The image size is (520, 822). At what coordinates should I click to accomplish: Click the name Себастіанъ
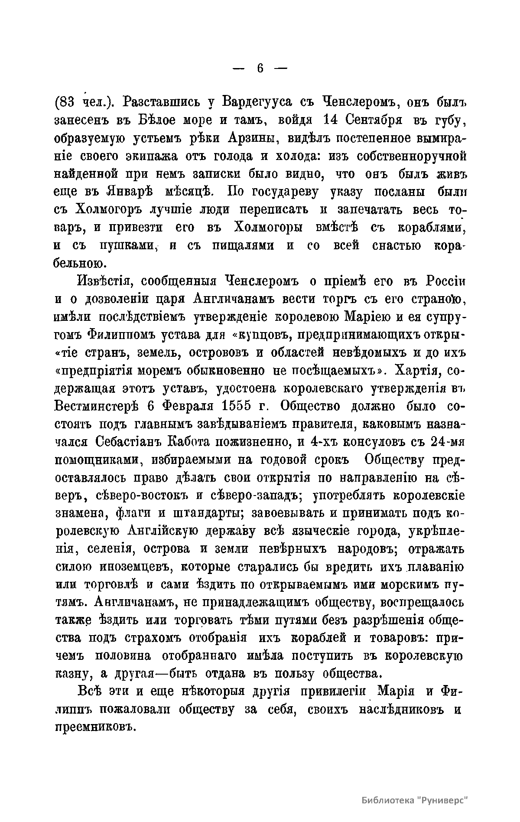(x=130, y=442)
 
